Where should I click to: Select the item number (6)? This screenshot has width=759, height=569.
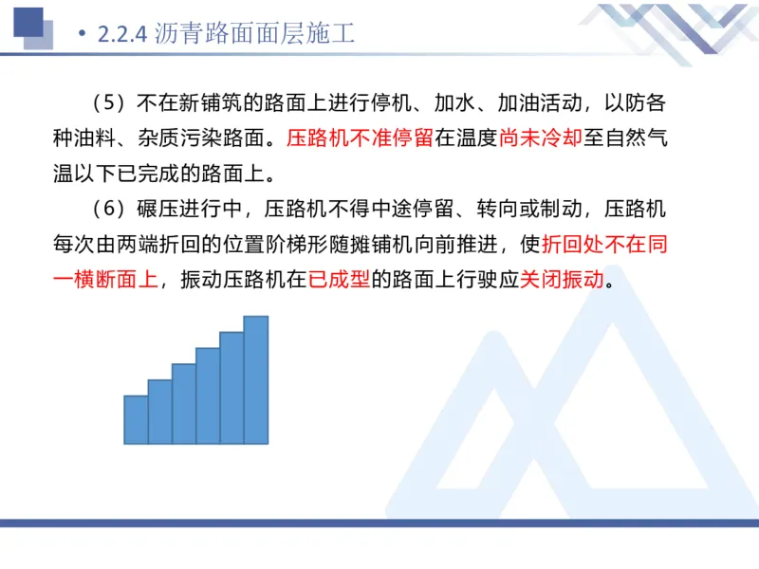click(x=110, y=209)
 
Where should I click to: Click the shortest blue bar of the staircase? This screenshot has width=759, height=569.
click(x=136, y=420)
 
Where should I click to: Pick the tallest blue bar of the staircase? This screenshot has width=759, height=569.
click(x=256, y=380)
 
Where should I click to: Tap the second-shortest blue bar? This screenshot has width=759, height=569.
click(x=159, y=413)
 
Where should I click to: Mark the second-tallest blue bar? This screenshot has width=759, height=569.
click(x=231, y=388)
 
